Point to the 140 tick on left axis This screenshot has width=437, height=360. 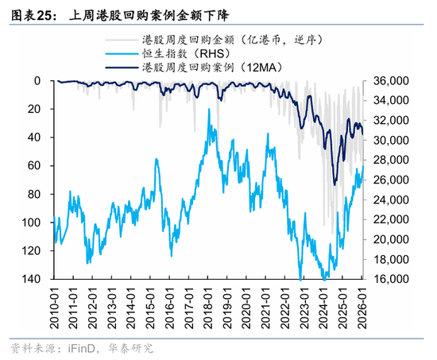pos(33,280)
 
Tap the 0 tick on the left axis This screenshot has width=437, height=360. pos(39,81)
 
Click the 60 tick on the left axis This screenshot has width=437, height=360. pos(36,166)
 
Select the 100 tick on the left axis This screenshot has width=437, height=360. pos(33,223)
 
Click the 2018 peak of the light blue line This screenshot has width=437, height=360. pos(209,110)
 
